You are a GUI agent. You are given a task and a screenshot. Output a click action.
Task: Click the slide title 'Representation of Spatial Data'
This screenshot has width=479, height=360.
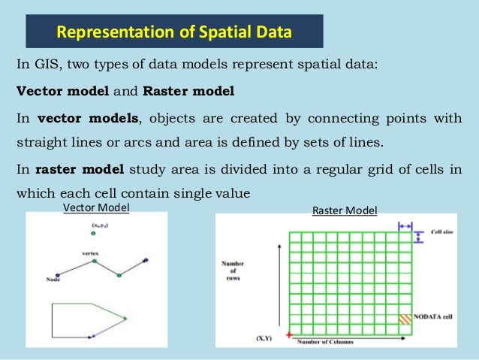point(175,32)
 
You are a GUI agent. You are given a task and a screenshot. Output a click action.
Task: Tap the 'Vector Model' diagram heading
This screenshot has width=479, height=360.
point(95,207)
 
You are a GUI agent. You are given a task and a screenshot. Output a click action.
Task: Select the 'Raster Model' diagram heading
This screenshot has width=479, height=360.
point(345,210)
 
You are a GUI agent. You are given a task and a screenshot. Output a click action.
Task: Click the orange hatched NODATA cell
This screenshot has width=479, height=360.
point(406,319)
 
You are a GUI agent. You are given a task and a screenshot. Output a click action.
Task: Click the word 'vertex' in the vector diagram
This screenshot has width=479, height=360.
point(91,255)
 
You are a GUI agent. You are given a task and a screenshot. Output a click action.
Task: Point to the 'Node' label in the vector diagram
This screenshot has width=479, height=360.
point(53,280)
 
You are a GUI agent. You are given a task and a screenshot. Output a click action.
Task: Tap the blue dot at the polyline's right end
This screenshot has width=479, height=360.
point(146,261)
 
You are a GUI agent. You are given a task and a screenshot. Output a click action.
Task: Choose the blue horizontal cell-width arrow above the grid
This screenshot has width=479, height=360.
point(405,225)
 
